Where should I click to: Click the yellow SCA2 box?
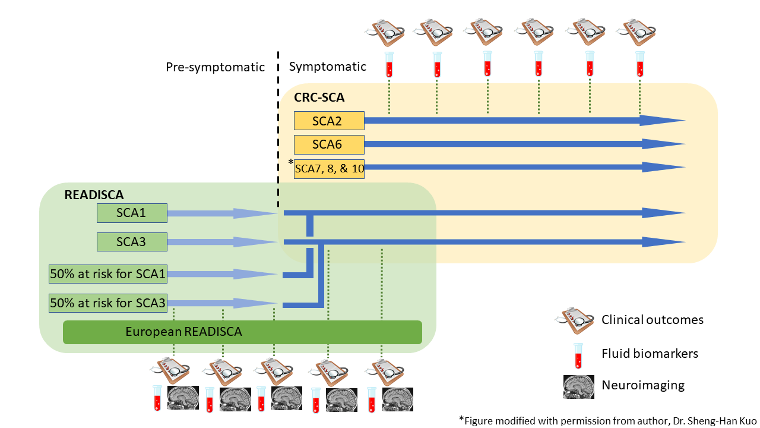(x=329, y=121)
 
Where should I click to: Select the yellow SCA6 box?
(x=329, y=144)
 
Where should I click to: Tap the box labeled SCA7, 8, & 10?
(x=329, y=169)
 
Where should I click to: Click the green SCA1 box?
(x=132, y=213)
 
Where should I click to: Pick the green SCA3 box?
(x=132, y=242)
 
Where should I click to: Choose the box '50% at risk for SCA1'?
(x=108, y=274)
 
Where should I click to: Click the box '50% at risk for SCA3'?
(x=108, y=303)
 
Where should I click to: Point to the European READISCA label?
(x=183, y=332)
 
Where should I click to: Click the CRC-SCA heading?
(x=319, y=97)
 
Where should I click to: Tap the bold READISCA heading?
(x=94, y=195)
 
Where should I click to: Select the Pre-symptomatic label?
(x=215, y=67)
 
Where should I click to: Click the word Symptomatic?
(x=327, y=67)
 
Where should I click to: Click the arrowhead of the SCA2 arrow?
(x=661, y=120)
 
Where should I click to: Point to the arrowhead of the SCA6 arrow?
(x=663, y=144)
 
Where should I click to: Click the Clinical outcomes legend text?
(x=653, y=320)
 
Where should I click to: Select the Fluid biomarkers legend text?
(x=650, y=354)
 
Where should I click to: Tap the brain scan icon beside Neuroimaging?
(x=579, y=386)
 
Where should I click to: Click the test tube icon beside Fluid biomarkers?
(x=578, y=355)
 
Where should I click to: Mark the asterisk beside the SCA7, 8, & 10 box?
(x=291, y=162)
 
